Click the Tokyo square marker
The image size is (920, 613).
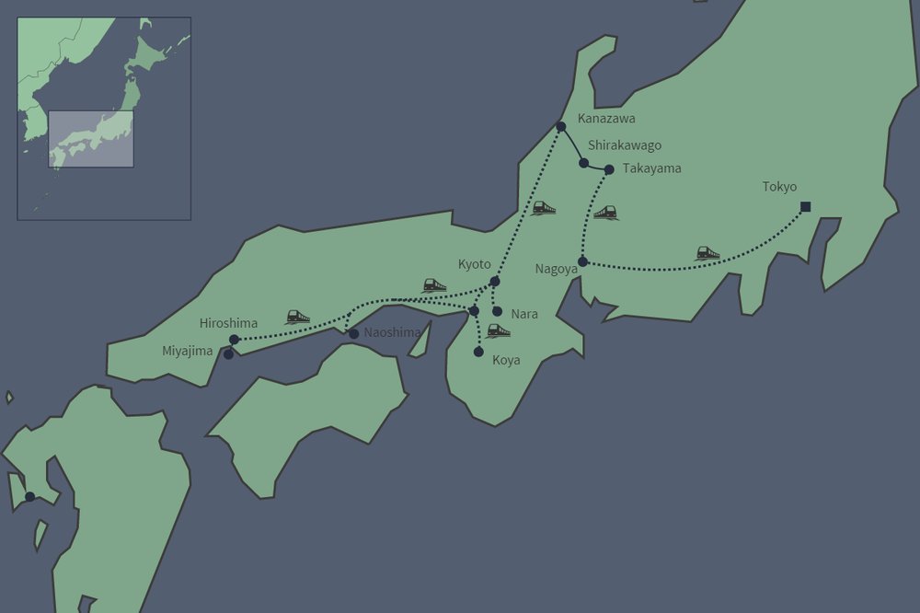click(x=806, y=206)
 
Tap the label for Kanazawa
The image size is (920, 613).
click(x=606, y=119)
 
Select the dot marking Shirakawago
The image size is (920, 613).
click(x=583, y=163)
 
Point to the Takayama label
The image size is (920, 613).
click(x=651, y=168)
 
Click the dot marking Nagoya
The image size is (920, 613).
click(x=582, y=261)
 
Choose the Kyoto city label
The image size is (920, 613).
click(x=475, y=264)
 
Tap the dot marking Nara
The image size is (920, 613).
click(x=498, y=311)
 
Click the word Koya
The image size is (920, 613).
click(x=507, y=360)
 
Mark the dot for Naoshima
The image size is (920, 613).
click(x=354, y=333)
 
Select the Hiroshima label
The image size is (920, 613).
click(x=228, y=323)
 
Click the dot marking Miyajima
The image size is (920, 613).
click(x=228, y=354)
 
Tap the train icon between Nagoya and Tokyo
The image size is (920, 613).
click(x=707, y=252)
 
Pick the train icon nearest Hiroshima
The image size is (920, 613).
click(x=297, y=317)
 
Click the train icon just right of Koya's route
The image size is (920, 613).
click(x=499, y=330)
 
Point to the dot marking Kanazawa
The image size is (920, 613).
click(x=560, y=126)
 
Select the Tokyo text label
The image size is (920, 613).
click(x=779, y=187)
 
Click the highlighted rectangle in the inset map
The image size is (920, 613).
click(x=91, y=139)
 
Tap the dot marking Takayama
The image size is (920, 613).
click(x=609, y=168)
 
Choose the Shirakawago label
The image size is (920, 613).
click(x=625, y=145)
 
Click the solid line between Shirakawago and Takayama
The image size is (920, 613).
click(x=596, y=167)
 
